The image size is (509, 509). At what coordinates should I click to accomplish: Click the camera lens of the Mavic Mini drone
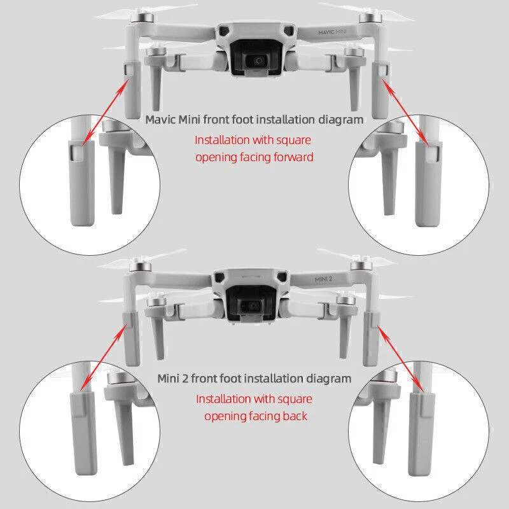(259, 60)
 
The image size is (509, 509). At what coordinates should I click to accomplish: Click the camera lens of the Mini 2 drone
(253, 306)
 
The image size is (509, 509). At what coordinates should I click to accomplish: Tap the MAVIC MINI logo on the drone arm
(332, 32)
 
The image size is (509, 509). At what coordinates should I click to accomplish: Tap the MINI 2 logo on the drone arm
(323, 279)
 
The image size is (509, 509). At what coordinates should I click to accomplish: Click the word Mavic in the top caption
(161, 120)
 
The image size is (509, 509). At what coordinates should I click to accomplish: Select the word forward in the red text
(293, 157)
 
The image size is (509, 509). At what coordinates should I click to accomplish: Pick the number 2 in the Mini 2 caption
(185, 379)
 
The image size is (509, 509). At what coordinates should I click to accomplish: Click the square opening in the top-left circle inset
(76, 153)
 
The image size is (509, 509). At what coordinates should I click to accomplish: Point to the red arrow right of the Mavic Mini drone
(405, 112)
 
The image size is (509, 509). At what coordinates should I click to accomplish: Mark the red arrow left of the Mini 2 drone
(104, 357)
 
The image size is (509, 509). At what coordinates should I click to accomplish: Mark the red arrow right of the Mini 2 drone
(400, 359)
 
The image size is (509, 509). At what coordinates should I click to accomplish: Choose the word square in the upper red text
(294, 141)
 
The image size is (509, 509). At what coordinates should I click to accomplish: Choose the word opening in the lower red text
(224, 417)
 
